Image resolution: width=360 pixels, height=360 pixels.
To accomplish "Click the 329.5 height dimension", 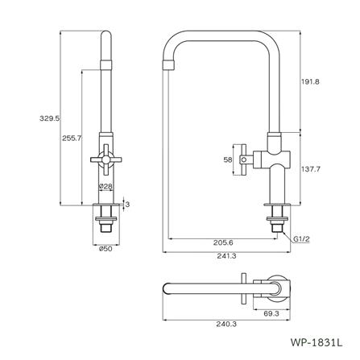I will point(51,118).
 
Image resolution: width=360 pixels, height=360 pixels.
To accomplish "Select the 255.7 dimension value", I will point(72,139).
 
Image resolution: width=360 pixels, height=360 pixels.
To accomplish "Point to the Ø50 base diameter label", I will point(104,248).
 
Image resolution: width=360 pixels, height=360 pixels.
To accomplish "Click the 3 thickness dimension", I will point(127,205).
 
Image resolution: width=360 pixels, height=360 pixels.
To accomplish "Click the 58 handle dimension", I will point(229,160).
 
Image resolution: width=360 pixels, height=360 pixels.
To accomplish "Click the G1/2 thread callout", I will point(302,239).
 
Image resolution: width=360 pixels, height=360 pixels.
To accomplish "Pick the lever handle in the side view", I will point(243,159).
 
